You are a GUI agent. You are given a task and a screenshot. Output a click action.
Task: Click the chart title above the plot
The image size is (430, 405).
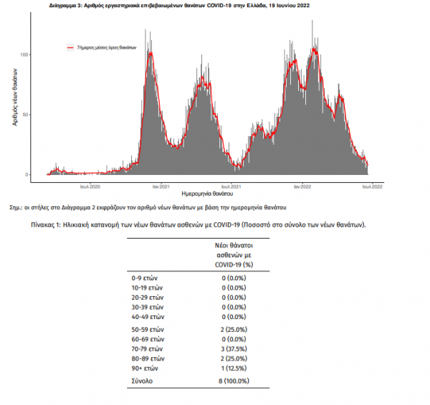pyautogui.click(x=189, y=4)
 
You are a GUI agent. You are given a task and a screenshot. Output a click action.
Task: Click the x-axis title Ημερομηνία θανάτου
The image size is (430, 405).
pyautogui.click(x=208, y=194)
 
